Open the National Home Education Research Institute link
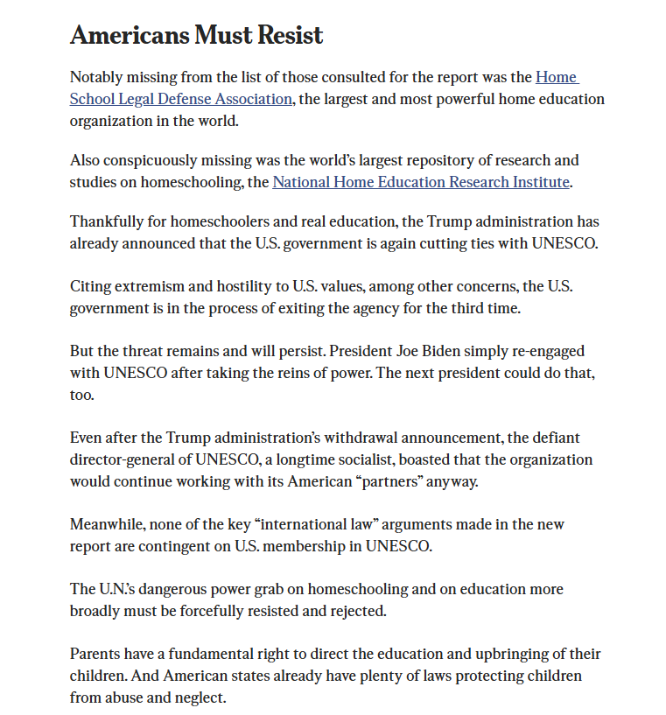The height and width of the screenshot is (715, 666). (x=421, y=182)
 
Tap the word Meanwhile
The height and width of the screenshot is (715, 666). (x=108, y=524)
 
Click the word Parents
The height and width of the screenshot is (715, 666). (x=95, y=655)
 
